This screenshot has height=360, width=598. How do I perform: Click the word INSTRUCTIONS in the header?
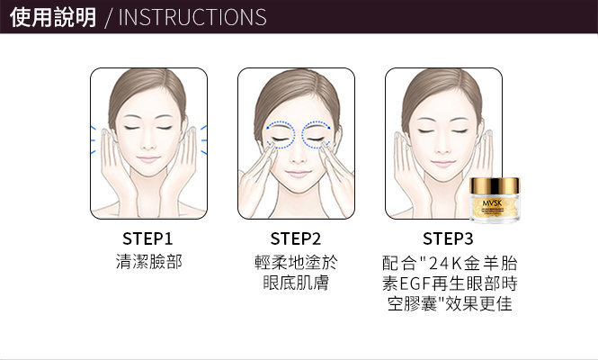click(192, 18)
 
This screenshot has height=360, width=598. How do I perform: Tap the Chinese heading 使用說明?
click(53, 17)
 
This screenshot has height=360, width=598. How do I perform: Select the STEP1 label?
click(147, 239)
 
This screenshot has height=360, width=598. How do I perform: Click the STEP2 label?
click(296, 239)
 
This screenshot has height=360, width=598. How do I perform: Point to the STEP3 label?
click(448, 239)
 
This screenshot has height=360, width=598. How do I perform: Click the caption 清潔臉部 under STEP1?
click(148, 262)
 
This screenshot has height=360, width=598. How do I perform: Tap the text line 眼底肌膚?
click(296, 283)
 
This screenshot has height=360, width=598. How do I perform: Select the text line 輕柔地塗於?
click(296, 263)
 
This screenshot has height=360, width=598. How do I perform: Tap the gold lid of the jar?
click(495, 186)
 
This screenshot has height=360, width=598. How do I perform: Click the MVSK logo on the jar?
click(493, 202)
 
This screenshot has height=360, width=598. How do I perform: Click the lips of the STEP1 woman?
click(148, 159)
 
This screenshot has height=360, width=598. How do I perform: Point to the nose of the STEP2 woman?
click(297, 155)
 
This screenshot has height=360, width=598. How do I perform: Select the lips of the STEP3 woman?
click(442, 164)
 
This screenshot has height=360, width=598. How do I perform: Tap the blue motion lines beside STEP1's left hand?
click(93, 140)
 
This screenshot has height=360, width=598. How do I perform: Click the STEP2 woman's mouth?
click(298, 174)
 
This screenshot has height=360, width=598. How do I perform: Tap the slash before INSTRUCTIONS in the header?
click(109, 18)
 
